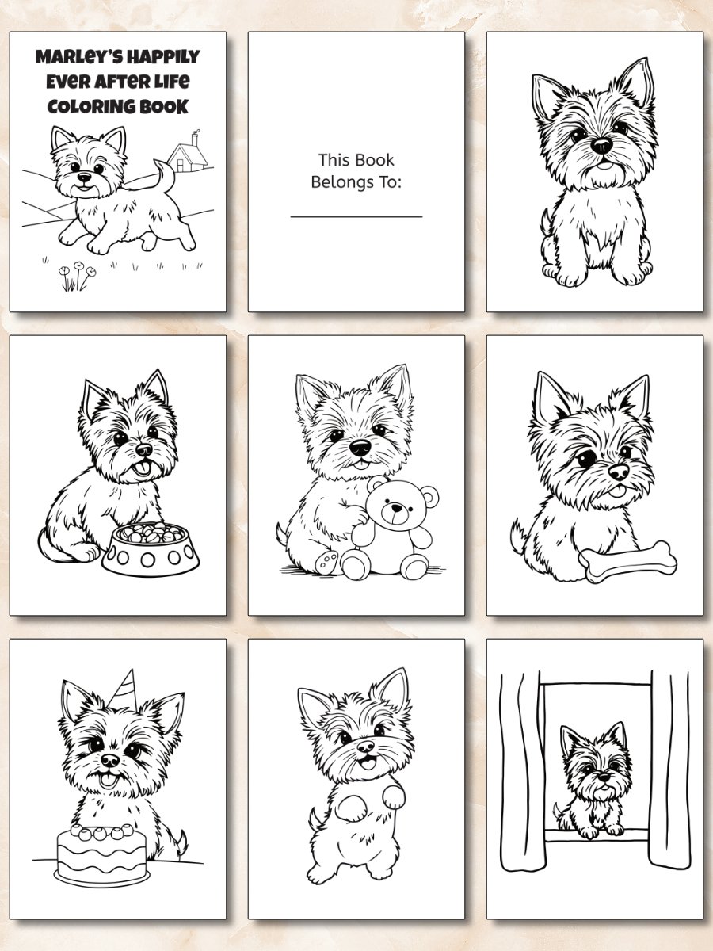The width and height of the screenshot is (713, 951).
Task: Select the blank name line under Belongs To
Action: pyautogui.click(x=356, y=216)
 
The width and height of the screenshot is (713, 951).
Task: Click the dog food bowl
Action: pyautogui.click(x=151, y=549)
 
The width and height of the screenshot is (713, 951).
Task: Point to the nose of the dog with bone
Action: pyautogui.click(x=617, y=472)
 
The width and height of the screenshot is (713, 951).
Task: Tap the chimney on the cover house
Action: pyautogui.click(x=195, y=138)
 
